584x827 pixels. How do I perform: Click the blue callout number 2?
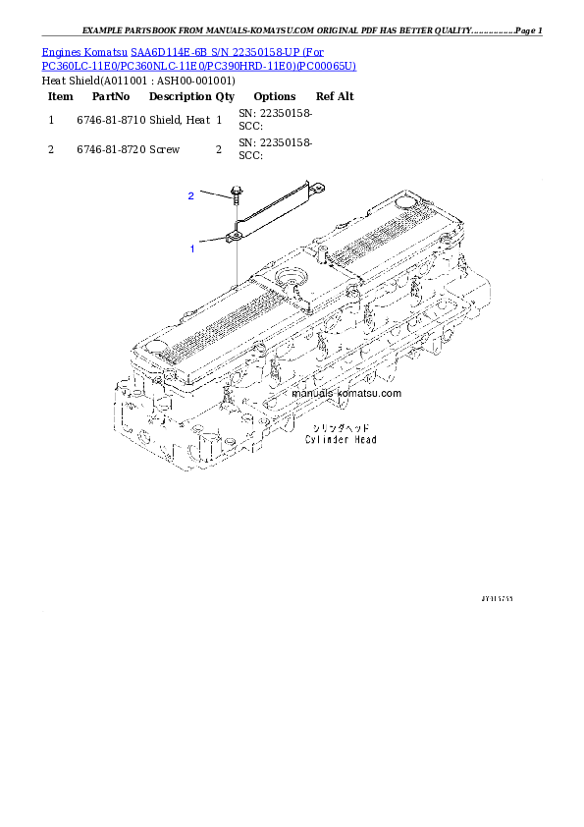click(x=191, y=196)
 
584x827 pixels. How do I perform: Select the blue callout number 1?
click(x=192, y=249)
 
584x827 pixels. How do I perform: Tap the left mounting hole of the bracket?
click(x=237, y=236)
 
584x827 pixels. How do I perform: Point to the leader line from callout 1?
click(x=213, y=240)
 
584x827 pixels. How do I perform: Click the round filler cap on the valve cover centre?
click(x=292, y=280)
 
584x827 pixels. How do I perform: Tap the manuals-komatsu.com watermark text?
click(x=346, y=393)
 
